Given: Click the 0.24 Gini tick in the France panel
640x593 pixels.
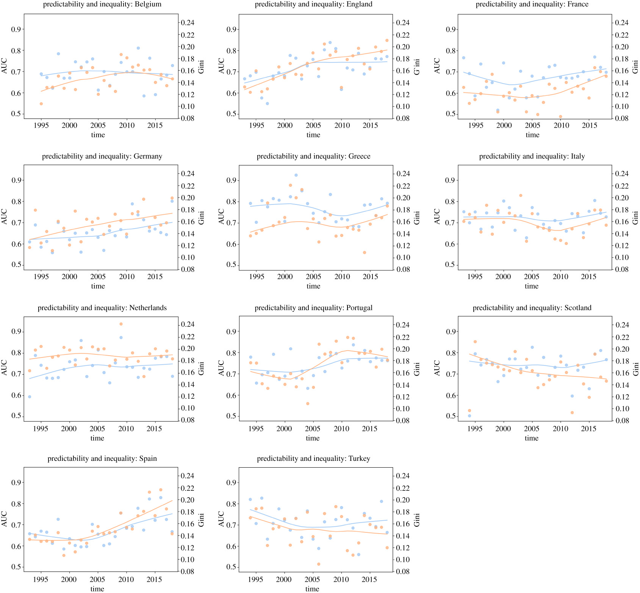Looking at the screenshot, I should pyautogui.click(x=621, y=23).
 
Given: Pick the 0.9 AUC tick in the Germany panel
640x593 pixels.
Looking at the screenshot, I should pyautogui.click(x=16, y=180).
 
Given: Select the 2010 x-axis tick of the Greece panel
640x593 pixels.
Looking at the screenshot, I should pyautogui.click(x=342, y=276).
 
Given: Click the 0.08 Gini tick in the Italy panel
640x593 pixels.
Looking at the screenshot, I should pyautogui.click(x=621, y=269).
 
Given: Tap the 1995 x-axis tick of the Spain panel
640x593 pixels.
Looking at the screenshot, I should pyautogui.click(x=41, y=579).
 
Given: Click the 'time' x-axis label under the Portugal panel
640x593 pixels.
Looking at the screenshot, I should pyautogui.click(x=313, y=438).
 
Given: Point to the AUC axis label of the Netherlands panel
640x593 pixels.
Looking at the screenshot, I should pyautogui.click(x=5, y=368).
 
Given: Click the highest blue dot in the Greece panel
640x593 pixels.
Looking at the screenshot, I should pyautogui.click(x=296, y=175).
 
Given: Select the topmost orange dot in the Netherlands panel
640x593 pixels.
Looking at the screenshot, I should pyautogui.click(x=121, y=324).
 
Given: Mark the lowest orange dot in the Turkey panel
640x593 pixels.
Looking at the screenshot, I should pyautogui.click(x=319, y=564).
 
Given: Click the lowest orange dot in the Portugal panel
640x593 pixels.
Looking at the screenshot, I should pyautogui.click(x=308, y=404).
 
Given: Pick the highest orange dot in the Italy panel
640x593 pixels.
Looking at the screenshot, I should pyautogui.click(x=521, y=195).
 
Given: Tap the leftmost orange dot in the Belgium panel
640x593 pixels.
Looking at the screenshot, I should pyautogui.click(x=41, y=104).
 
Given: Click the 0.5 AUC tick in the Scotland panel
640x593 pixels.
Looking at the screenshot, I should pyautogui.click(x=450, y=416).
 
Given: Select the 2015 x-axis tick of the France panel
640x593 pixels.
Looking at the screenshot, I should pyautogui.click(x=589, y=125).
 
